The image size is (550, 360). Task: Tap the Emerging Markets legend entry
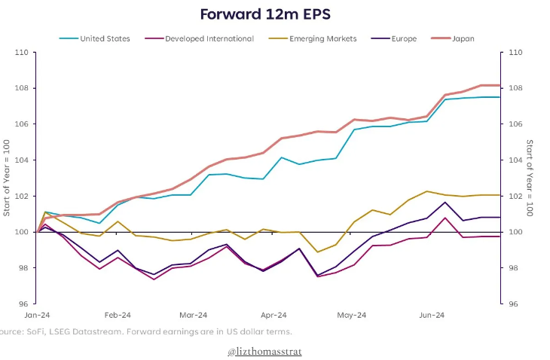[x=324, y=38]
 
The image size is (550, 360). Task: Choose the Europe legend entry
[x=403, y=38]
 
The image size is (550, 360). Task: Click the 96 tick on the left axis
[x=23, y=304]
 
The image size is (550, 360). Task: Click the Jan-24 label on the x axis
[x=38, y=316]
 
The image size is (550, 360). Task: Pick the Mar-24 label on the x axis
[x=194, y=316]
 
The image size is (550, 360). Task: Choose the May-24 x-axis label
[x=351, y=316]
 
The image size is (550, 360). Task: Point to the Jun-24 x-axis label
[x=431, y=316]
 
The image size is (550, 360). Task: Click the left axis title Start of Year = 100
[x=7, y=178]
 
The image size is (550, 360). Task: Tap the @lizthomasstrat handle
[x=264, y=352]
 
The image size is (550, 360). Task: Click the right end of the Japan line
[x=500, y=85]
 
